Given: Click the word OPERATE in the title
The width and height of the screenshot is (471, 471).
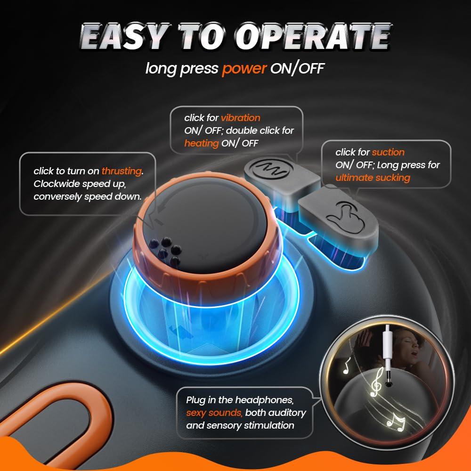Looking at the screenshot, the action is point(313,37).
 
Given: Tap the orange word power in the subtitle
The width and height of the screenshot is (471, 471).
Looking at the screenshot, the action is point(244,69).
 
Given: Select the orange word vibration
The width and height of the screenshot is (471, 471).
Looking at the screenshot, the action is point(241,118).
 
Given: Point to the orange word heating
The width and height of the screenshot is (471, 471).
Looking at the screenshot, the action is point(201,143).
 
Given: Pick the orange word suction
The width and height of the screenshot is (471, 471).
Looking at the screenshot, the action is point(388,152).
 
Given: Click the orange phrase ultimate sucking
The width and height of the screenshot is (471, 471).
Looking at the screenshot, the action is point(373,178).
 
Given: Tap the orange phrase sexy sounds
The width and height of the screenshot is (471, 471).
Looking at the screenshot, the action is point(214,413).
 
